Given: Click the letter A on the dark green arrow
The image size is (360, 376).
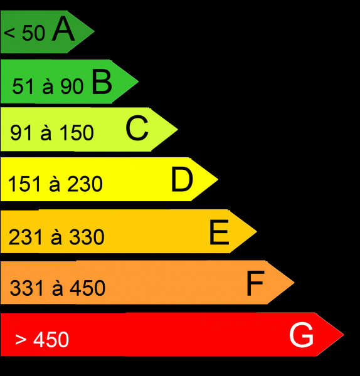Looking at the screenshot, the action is coord(63,29).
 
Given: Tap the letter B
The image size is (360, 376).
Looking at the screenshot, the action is coord(102,81).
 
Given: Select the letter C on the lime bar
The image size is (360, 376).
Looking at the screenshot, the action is coord(137,128).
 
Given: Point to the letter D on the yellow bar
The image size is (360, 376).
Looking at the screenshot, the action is coord(182,179).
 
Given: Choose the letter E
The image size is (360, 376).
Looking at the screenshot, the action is coord(219,232).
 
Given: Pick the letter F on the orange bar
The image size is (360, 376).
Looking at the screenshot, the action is coord(256,283).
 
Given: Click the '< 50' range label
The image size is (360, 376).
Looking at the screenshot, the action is coord(24,33).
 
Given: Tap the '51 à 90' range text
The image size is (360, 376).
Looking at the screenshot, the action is coord(48,86).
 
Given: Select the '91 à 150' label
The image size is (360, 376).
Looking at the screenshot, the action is coord(52,132).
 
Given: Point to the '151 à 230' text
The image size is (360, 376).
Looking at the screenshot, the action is coord(55,184).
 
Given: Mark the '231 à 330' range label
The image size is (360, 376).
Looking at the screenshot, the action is coord(56,237).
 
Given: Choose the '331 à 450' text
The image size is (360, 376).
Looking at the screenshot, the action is coord(58,288).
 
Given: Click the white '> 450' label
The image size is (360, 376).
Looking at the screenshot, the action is coord(42,339).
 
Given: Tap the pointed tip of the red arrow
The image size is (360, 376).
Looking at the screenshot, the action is coord(344,334).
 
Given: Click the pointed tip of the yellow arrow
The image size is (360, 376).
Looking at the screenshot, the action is coord(218,179).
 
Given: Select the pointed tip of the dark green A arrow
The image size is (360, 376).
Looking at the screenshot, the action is coord(94,31).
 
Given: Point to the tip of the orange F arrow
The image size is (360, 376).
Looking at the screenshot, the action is coord(294,283).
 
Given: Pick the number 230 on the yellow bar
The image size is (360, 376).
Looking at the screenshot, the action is coord(85,184).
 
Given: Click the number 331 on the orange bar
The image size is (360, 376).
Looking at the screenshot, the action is coord(26,288).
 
